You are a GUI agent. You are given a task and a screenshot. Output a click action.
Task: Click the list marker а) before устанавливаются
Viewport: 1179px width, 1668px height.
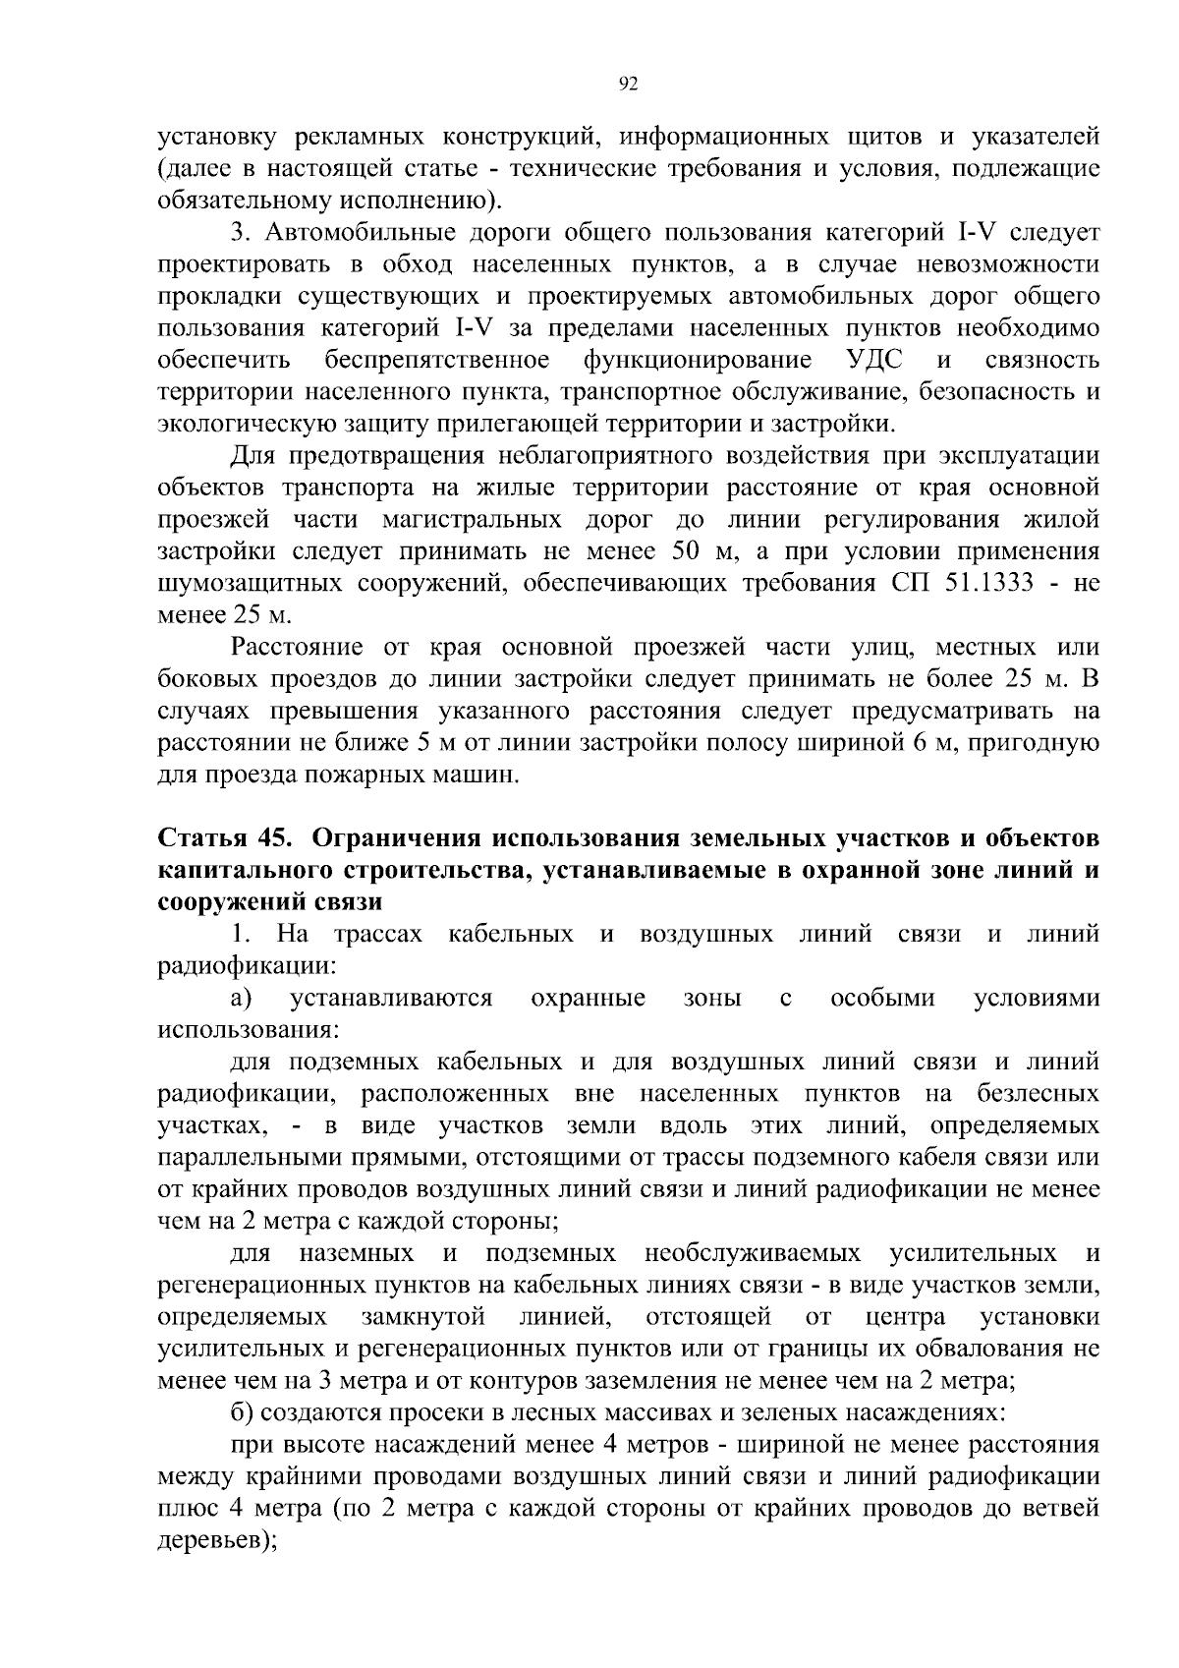tap(242, 999)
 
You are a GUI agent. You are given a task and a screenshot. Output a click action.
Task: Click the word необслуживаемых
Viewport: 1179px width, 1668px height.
tap(753, 1253)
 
